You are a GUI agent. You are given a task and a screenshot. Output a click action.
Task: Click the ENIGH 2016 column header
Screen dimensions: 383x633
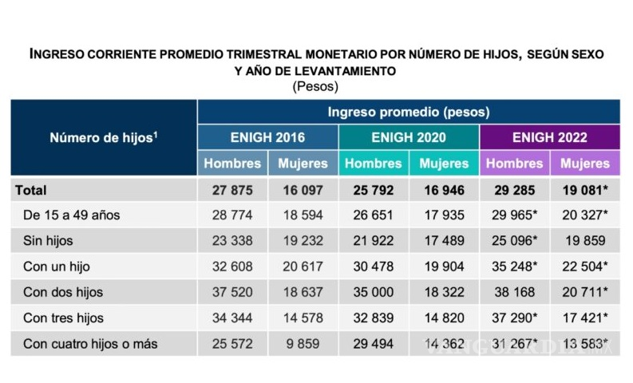[267, 137]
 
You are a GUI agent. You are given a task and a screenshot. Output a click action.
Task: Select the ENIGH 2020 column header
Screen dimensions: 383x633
[409, 137]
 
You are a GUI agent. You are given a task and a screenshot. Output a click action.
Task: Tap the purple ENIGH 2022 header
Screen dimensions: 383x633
[549, 137]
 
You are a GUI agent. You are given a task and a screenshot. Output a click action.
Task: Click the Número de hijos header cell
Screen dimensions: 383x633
[104, 137]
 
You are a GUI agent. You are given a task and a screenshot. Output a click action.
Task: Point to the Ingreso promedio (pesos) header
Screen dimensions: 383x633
[408, 112]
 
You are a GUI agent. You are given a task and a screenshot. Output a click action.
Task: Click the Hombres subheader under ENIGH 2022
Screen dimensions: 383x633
[514, 164]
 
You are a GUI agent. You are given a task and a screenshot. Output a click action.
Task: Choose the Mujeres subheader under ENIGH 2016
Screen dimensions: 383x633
[303, 164]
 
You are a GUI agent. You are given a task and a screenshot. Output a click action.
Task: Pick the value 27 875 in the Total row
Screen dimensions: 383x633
[232, 190]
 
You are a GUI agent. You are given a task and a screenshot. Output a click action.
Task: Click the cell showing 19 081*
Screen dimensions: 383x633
[585, 190]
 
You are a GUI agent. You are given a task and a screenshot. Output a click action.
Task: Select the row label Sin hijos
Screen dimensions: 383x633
[49, 241]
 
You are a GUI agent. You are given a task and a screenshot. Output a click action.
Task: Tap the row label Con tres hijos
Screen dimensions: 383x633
[63, 318]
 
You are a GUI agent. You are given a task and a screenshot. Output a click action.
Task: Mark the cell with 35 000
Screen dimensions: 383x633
[374, 293]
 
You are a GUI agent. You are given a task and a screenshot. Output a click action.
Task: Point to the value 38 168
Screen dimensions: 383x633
[514, 293]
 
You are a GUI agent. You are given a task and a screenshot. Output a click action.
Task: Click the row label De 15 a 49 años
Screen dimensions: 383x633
[72, 215]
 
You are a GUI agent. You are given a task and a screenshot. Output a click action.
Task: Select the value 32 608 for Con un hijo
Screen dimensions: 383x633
[232, 267]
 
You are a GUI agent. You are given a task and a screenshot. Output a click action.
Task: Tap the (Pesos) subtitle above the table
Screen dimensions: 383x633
[316, 85]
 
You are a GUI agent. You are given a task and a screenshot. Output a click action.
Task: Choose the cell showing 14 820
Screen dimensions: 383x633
[444, 318]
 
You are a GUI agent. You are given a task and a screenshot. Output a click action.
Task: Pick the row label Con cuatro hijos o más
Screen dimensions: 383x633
[90, 344]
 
